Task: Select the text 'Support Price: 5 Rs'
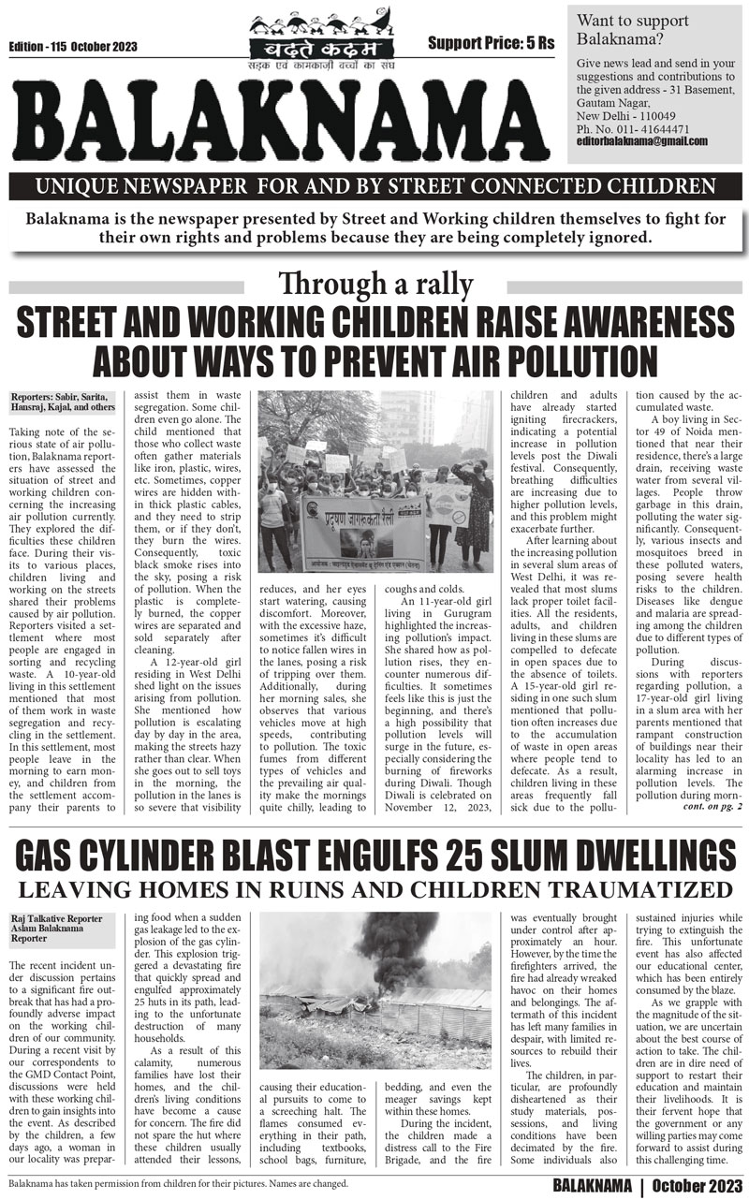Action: [491, 43]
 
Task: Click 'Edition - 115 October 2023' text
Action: [73, 47]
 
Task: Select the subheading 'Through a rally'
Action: [374, 283]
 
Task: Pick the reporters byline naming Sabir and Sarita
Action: [65, 402]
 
